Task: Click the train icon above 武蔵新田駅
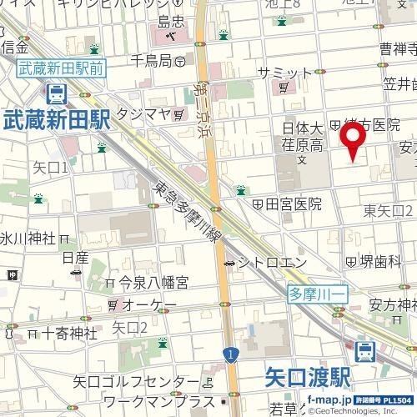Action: tap(55, 93)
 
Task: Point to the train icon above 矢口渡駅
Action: tap(364, 352)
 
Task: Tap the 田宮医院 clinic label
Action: tap(293, 203)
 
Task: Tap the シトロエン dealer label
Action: tap(264, 264)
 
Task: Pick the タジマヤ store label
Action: tap(144, 113)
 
